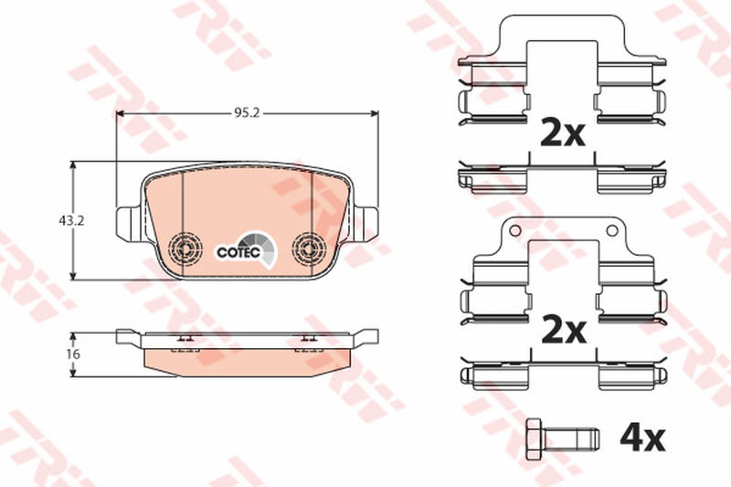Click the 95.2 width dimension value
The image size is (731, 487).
click(x=247, y=113)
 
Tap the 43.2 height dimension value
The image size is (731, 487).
click(x=71, y=221)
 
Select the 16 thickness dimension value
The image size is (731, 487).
click(x=73, y=355)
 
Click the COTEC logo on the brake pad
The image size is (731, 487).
click(x=247, y=251)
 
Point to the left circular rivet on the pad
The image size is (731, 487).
click(x=185, y=248)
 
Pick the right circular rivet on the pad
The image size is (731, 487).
click(x=309, y=248)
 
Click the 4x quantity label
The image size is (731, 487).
click(x=642, y=438)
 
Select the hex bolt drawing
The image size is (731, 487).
click(x=562, y=439)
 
